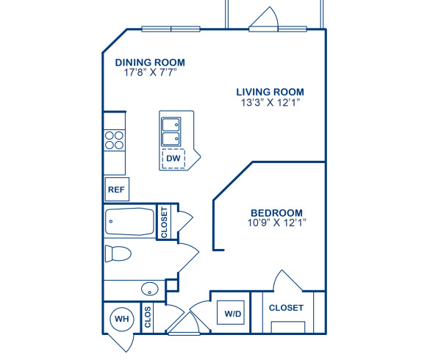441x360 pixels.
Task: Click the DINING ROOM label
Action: [x=151, y=62]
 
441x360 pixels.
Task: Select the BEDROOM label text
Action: [x=276, y=213]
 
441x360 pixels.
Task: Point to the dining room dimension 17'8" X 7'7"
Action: [x=151, y=73]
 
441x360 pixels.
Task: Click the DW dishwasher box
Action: [x=173, y=158]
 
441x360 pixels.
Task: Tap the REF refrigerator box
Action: [x=116, y=190]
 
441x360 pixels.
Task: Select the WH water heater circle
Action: [x=121, y=319]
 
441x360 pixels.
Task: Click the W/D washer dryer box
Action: [x=233, y=314]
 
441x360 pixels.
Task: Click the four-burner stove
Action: [x=114, y=140]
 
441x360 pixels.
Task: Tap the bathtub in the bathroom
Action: [x=129, y=220]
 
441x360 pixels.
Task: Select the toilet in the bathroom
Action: [x=117, y=254]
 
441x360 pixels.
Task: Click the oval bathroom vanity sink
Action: [x=149, y=288]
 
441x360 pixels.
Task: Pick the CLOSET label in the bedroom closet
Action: [x=286, y=308]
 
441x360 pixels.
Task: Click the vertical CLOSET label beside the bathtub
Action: [x=164, y=222]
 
